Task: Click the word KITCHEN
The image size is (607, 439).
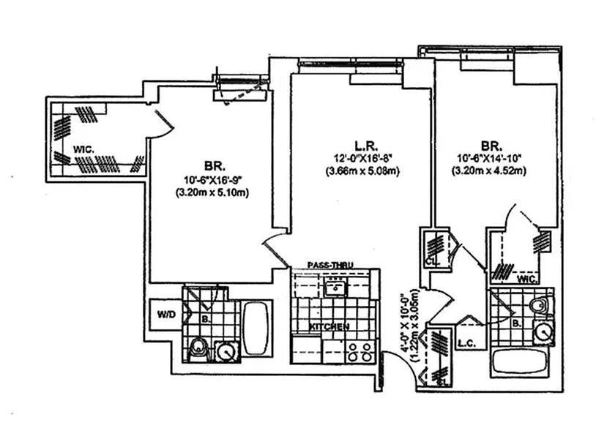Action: point(329,326)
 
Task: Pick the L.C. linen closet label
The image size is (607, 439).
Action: point(463,342)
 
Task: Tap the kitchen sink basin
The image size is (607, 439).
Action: point(336,288)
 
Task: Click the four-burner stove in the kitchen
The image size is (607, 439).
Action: point(359,353)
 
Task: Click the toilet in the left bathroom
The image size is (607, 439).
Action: point(197,350)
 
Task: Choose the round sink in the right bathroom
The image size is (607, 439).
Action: point(544,332)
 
